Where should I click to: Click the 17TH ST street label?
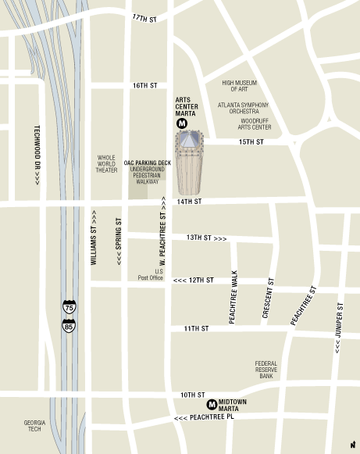tap(144, 17)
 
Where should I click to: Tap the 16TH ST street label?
tap(144, 85)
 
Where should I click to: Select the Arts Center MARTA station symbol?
tap(182, 123)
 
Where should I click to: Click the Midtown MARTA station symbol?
tap(212, 404)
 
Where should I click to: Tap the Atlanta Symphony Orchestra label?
tap(244, 108)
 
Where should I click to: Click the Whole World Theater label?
tap(106, 163)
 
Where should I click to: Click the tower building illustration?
tap(187, 164)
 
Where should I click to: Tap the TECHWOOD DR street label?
tap(36, 156)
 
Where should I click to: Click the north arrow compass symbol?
tap(352, 445)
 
